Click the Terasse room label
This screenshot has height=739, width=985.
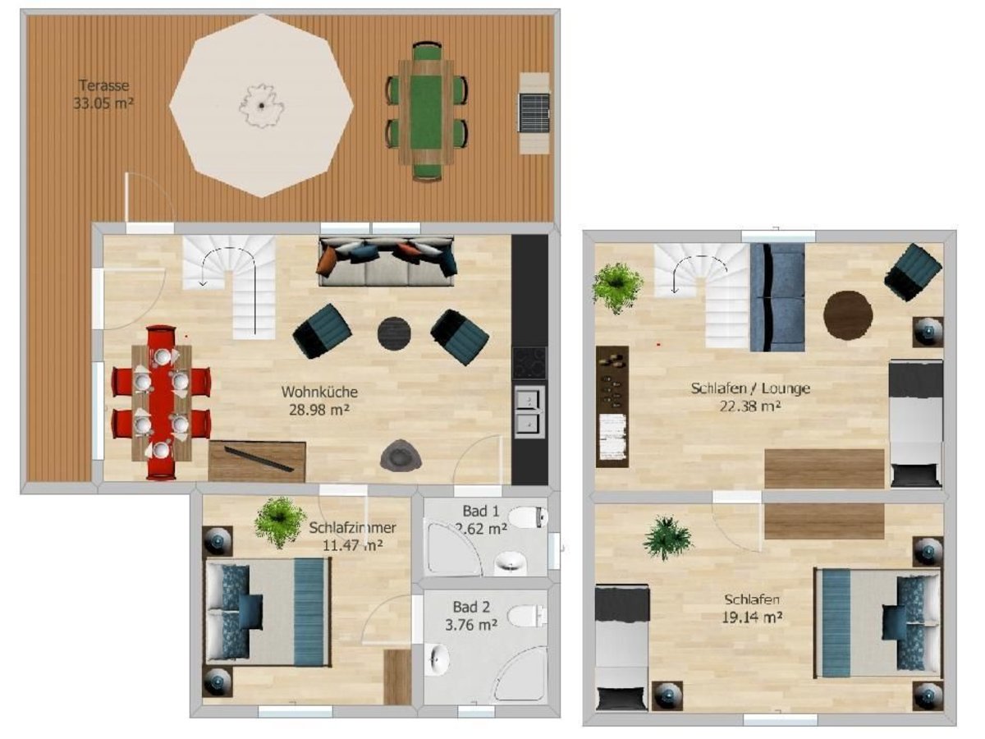click(103, 85)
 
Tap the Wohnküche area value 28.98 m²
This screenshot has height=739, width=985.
click(319, 410)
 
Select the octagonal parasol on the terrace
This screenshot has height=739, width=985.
click(262, 105)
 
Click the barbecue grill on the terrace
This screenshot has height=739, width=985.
click(534, 113)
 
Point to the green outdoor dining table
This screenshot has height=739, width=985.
click(426, 112)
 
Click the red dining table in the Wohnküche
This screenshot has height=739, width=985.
click(161, 402)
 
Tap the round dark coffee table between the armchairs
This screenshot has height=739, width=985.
click(394, 333)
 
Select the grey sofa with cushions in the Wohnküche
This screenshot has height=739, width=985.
click(387, 262)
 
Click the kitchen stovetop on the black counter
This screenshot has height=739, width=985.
click(529, 364)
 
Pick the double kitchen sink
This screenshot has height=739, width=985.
click(529, 412)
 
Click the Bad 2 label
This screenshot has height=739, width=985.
click(471, 607)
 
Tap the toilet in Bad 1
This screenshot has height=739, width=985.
click(528, 517)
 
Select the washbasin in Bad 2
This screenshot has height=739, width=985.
click(437, 659)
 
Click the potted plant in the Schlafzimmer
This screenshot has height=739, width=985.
click(279, 522)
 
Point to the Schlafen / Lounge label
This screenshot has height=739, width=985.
click(750, 388)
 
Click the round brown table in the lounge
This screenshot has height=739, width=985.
click(848, 315)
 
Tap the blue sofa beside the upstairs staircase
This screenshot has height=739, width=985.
click(777, 297)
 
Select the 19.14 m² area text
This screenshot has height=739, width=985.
click(752, 617)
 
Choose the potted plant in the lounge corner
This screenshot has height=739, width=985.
click(617, 287)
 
